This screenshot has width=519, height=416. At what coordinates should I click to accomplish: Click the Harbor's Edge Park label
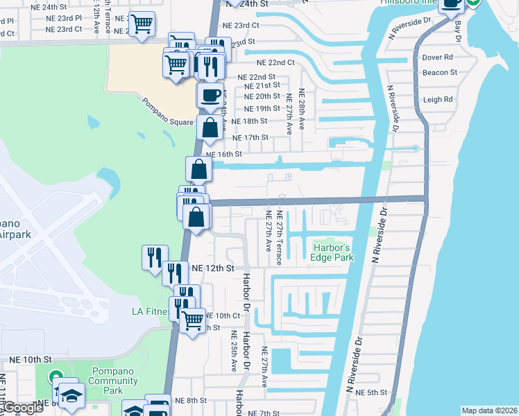[x=333, y=252]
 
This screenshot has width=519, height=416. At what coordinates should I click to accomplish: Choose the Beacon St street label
[x=440, y=72]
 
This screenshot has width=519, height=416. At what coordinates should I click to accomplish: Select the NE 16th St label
[x=223, y=154]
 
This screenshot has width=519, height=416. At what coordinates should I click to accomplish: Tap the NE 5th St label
[x=371, y=392]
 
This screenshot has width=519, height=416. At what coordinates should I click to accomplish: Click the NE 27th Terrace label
[x=279, y=237]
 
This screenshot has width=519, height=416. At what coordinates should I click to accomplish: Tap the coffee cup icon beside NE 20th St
[x=210, y=96]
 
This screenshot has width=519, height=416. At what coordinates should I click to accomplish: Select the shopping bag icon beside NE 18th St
[x=210, y=128]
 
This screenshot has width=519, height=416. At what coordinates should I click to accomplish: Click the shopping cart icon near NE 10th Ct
[x=192, y=320]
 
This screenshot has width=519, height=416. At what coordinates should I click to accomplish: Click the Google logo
[x=22, y=408]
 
